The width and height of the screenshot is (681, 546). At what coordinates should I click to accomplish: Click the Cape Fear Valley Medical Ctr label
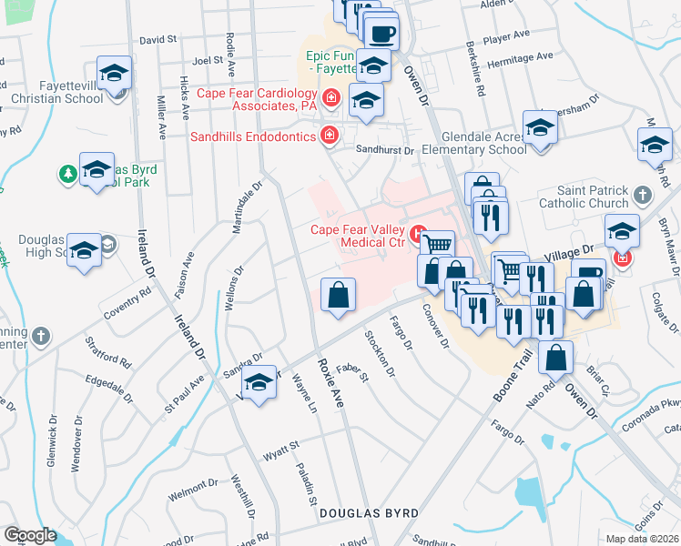tap(357, 236)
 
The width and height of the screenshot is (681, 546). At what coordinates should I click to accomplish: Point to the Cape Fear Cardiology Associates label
tap(258, 99)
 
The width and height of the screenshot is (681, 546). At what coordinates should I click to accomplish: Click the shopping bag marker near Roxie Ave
tap(338, 295)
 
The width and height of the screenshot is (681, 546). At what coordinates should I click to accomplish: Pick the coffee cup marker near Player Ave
tap(381, 34)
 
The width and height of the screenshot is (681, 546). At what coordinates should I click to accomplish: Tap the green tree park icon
tap(67, 173)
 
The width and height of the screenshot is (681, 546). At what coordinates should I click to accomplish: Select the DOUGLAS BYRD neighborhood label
tap(368, 513)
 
